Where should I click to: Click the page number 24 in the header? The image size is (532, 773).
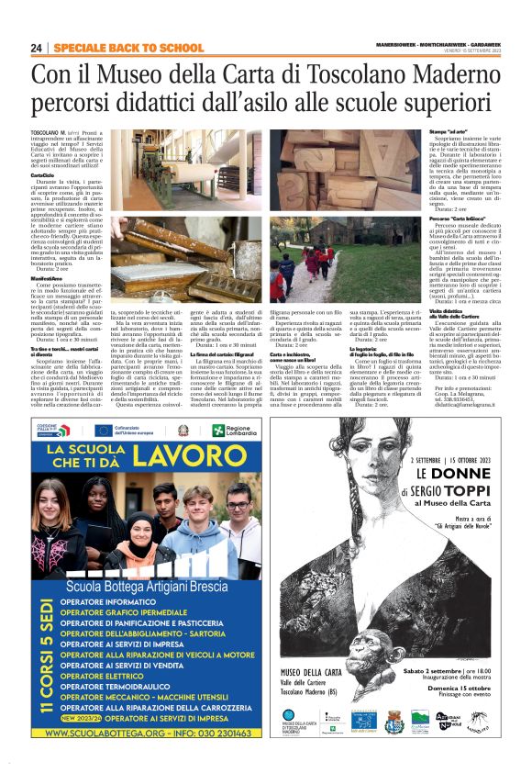click(37, 48)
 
